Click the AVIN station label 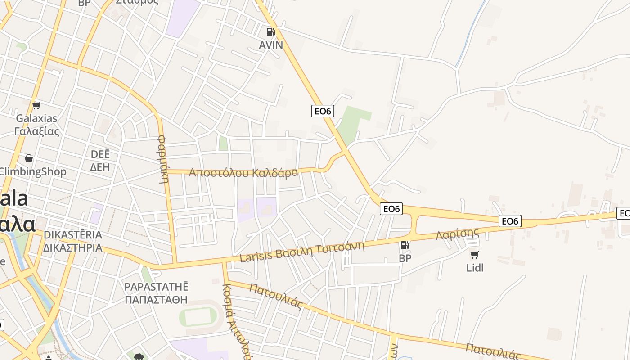point(271,45)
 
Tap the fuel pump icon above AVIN point(270,31)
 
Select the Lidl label point(475,268)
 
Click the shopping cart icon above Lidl point(474,255)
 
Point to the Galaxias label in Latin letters point(37,118)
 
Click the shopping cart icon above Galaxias point(36,105)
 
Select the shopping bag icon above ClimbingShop point(29,158)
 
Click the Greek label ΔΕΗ point(100,167)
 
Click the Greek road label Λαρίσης point(457,234)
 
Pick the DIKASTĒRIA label point(73,235)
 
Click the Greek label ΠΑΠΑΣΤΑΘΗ point(156,300)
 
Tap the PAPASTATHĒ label point(156,287)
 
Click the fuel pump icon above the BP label point(405,245)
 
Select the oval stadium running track point(201,317)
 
